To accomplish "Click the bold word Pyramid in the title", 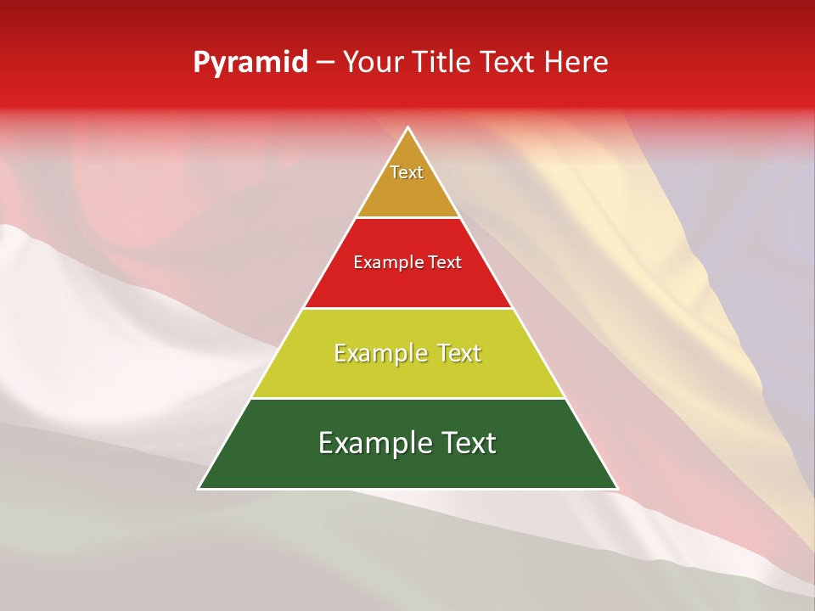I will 250,63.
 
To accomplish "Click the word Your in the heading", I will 372,63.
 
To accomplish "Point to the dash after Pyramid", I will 325,63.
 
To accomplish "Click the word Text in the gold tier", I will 407,172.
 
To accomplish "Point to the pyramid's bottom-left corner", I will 200,488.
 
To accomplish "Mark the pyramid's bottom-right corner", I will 616,488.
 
